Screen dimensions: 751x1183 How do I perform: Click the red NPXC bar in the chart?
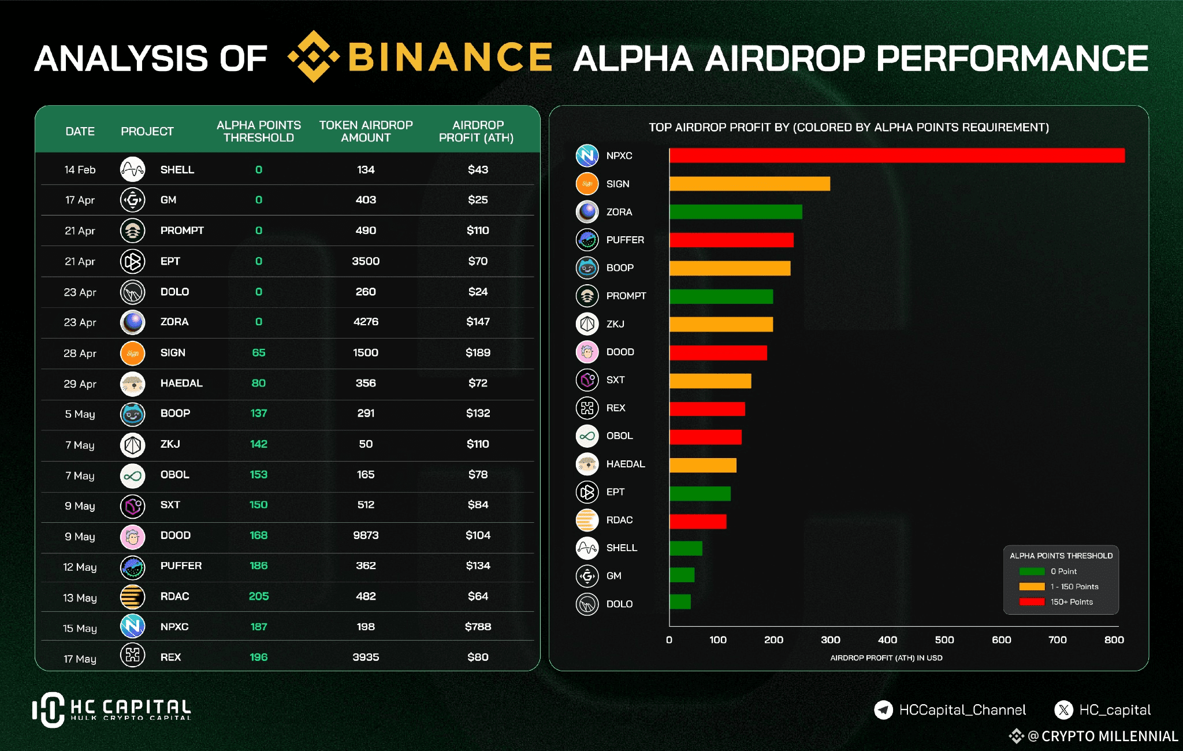896,155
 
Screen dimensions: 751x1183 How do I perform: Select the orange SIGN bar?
749,184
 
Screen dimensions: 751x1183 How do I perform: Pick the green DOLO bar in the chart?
680,602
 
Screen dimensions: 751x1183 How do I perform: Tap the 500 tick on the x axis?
944,640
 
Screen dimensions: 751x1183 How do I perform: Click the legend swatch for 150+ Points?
1032,602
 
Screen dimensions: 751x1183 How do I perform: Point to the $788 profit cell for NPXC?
478,627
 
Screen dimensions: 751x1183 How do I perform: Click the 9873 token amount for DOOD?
366,536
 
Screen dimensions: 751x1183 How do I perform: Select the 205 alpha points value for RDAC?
259,596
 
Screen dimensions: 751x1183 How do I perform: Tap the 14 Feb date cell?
80,170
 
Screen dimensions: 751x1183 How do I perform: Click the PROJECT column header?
147,132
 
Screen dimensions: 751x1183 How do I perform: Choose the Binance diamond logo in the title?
313,57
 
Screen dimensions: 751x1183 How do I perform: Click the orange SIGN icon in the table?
132,353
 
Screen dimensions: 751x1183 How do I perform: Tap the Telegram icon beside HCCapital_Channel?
883,709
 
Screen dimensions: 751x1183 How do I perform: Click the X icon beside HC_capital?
1063,709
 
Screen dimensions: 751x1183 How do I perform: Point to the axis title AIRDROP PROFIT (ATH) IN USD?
886,658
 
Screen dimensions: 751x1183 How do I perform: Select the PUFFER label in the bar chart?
624,240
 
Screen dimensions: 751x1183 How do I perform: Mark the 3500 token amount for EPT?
366,261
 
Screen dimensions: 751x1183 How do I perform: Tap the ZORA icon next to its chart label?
587,212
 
